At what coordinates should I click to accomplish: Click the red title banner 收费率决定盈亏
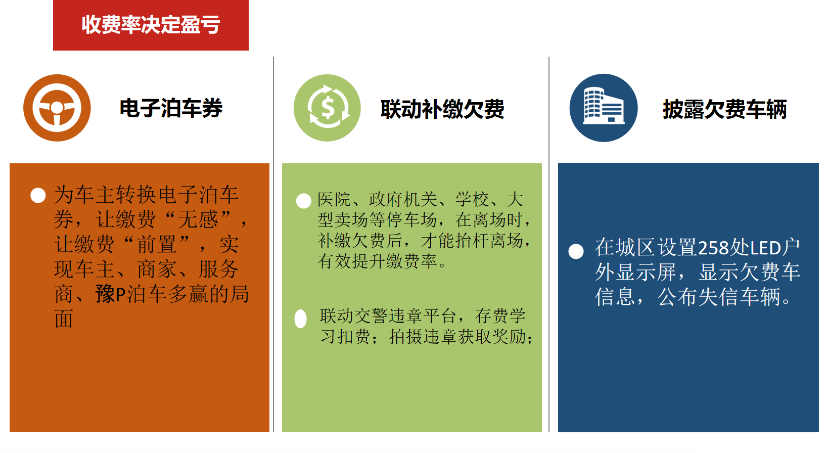pos(151,25)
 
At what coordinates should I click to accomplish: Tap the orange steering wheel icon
pos(57,108)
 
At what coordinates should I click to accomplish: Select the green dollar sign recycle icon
pos(327,108)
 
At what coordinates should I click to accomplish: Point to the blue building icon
pos(603,108)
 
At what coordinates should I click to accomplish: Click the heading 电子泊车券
pos(171,108)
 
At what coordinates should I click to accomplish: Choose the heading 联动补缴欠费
pos(442,109)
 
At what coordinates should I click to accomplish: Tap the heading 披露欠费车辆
pos(724,109)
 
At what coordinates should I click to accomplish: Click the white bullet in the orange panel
pos(38,196)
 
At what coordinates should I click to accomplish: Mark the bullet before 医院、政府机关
pos(303,201)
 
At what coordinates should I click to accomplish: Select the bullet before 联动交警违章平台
pos(301,319)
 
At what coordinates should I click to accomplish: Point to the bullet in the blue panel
pos(576,252)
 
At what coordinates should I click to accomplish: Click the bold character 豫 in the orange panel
pos(106,294)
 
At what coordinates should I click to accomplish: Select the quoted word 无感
pos(198,219)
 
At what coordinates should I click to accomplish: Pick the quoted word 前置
pos(157,245)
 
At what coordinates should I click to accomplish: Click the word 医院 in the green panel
pos(334,200)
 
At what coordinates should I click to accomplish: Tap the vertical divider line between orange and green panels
pos(273,244)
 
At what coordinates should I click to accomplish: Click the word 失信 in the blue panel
pos(719,297)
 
